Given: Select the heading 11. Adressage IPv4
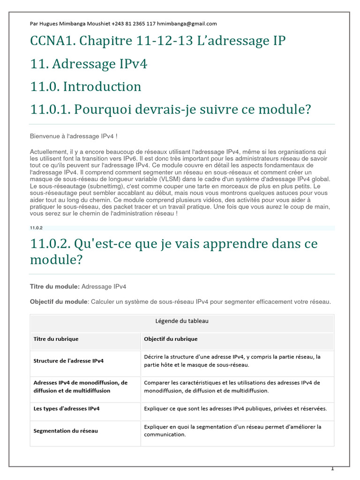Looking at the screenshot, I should pos(89,64).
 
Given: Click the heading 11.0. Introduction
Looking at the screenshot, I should pos(85,87).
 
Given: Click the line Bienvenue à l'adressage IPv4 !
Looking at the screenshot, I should pos(74,136).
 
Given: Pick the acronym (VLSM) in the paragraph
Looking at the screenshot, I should pos(203,179).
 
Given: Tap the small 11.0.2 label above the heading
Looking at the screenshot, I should pos(36,228).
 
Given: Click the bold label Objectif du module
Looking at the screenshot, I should pos(59,302).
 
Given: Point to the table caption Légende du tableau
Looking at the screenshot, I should pos(182,321).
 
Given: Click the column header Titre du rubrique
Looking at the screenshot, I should pos(56,339).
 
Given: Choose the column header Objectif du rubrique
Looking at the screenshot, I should pos(171,339).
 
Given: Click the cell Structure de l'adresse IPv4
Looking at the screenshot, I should pos(68,361).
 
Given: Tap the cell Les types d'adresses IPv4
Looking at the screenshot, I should pos(67,409).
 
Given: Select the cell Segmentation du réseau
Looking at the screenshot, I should pos(66,431).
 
